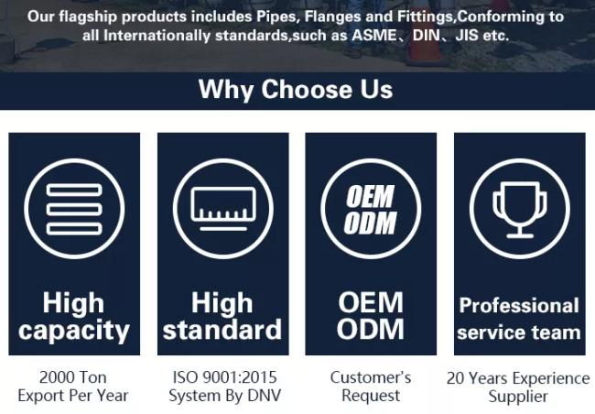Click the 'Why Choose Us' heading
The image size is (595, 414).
296,90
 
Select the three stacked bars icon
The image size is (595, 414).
74,209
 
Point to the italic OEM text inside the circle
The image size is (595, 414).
370,196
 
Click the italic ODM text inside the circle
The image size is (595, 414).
370,223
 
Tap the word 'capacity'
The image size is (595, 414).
74,332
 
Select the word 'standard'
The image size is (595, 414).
222,330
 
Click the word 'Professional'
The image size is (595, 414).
519,306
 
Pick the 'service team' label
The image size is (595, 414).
519,332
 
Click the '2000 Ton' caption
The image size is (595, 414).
73,377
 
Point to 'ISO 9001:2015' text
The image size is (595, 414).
224,377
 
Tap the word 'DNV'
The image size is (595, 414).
265,396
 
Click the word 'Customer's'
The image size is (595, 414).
371,377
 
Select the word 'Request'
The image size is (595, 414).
371,397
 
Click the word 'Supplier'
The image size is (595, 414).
518,397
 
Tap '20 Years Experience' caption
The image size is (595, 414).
518,378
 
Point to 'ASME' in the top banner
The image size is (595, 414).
374,36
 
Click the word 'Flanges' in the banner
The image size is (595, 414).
333,16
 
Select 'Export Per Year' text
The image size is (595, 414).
73,396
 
